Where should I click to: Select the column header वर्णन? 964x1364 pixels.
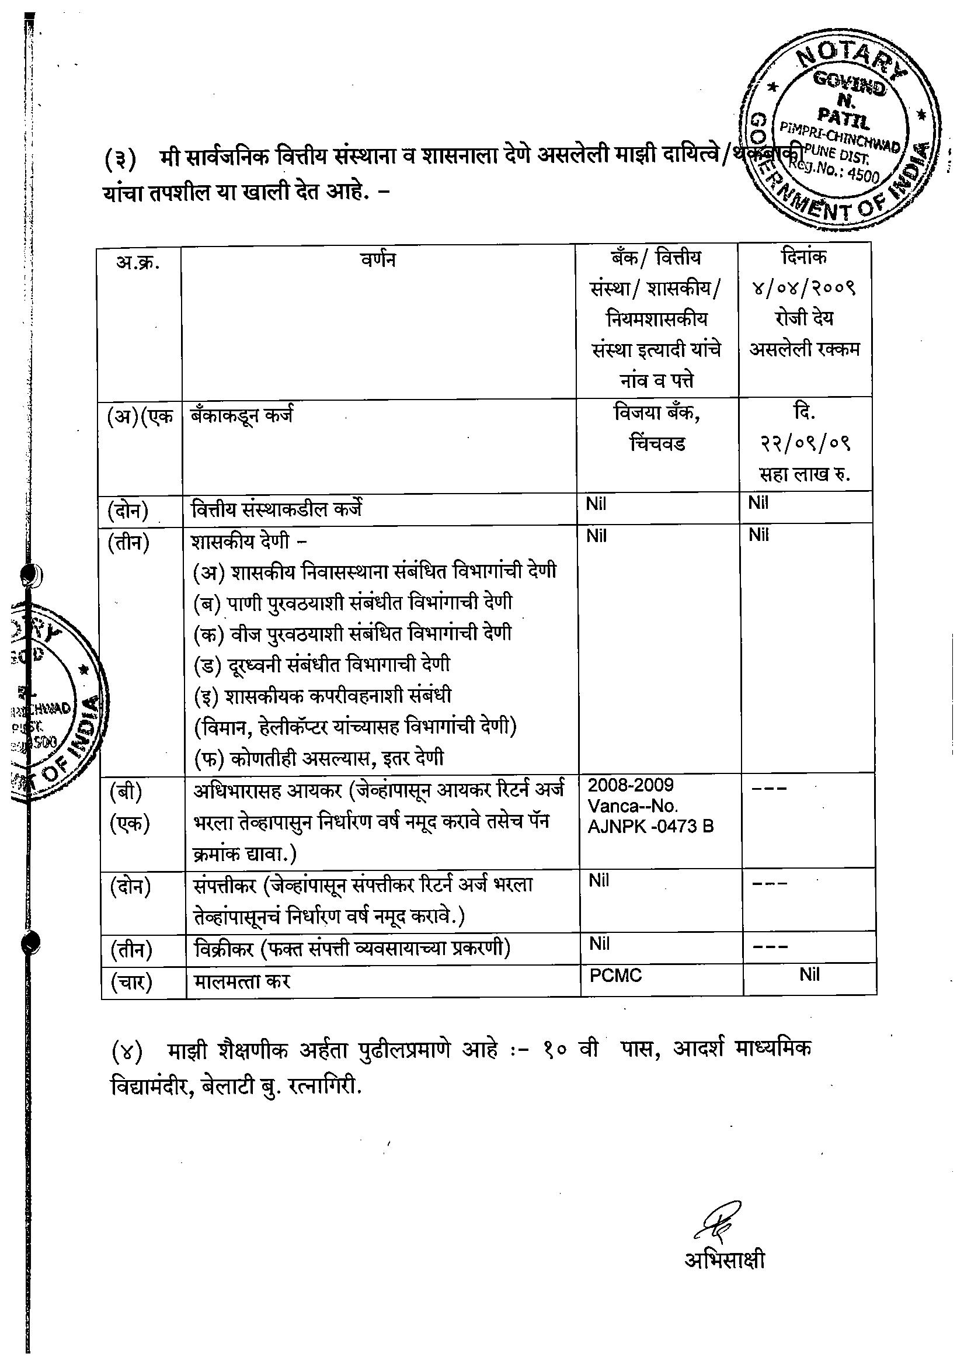point(378,259)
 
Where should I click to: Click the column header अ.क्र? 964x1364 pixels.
point(138,261)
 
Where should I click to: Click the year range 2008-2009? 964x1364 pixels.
point(631,785)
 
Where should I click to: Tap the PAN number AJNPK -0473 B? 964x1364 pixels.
point(650,826)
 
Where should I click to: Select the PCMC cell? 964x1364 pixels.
point(615,976)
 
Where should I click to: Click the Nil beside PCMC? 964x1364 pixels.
point(809,974)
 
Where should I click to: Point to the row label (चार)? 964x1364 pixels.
point(131,981)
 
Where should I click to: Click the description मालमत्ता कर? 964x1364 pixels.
point(242,981)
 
